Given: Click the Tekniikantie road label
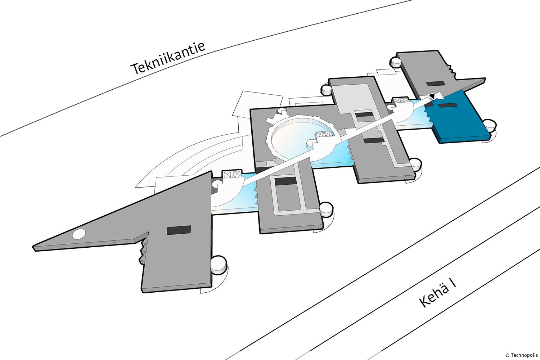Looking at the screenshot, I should [168, 58].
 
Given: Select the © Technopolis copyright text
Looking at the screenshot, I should [521, 355].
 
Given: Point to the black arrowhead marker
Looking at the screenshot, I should [431, 96].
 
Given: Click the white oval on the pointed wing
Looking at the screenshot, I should [79, 234].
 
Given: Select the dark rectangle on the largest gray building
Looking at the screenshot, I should [179, 230].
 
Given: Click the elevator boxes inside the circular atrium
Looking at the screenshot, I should [323, 135].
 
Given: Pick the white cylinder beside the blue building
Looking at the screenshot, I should [490, 126].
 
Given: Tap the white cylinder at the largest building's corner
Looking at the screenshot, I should [219, 264].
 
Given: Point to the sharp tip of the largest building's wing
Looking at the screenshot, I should [35, 248].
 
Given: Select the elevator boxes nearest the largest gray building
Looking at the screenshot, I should [231, 175].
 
